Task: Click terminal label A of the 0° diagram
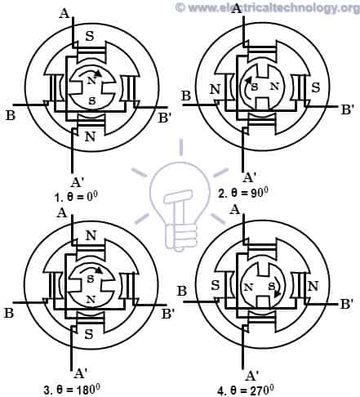64,13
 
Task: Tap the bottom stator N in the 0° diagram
90,137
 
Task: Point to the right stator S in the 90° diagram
314,87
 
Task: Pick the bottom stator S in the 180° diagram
89,333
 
